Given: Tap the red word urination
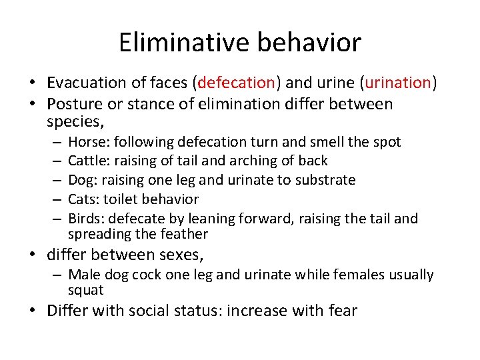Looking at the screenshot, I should click(x=397, y=83).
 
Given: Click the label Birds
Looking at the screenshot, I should click(x=85, y=218).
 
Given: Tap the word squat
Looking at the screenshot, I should click(x=85, y=290).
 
